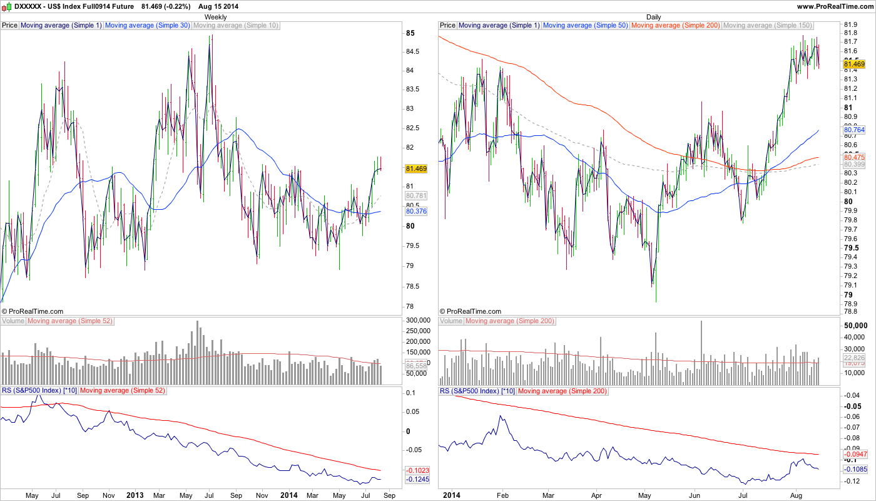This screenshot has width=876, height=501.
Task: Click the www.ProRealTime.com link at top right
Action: coord(835,6)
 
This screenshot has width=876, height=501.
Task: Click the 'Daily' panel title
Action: coord(653,17)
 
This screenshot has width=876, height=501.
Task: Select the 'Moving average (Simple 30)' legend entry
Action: coord(147,26)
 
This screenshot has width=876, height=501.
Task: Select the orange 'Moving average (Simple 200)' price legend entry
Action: coord(676,26)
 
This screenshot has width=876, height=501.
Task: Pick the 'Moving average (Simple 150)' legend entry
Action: coord(767,26)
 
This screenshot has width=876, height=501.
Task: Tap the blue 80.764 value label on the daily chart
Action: coord(854,130)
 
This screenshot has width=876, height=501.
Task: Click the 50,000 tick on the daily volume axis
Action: coord(855,326)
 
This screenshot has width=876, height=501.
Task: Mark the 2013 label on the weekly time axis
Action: coord(135,495)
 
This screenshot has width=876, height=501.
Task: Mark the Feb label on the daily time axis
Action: coord(502,495)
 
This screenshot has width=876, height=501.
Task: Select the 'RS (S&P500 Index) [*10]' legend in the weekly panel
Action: coord(39,391)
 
